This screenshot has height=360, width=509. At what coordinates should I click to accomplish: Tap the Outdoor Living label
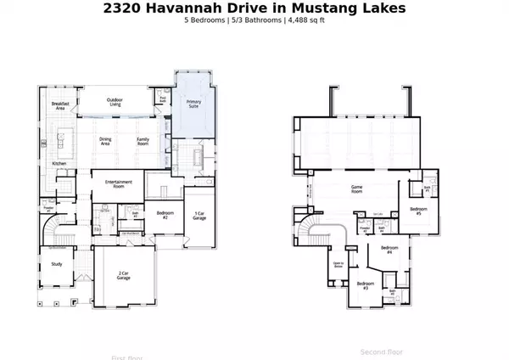[x=120, y=104]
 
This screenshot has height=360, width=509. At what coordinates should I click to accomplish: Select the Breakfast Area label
[x=59, y=105]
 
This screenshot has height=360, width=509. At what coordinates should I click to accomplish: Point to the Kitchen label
[x=59, y=163]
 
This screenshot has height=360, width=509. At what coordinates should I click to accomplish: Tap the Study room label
[x=57, y=264]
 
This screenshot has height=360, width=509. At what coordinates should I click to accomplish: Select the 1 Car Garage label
[x=199, y=216]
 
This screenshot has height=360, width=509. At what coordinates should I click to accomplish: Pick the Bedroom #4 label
[x=389, y=250]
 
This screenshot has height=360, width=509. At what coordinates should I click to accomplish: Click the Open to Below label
[x=338, y=266]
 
